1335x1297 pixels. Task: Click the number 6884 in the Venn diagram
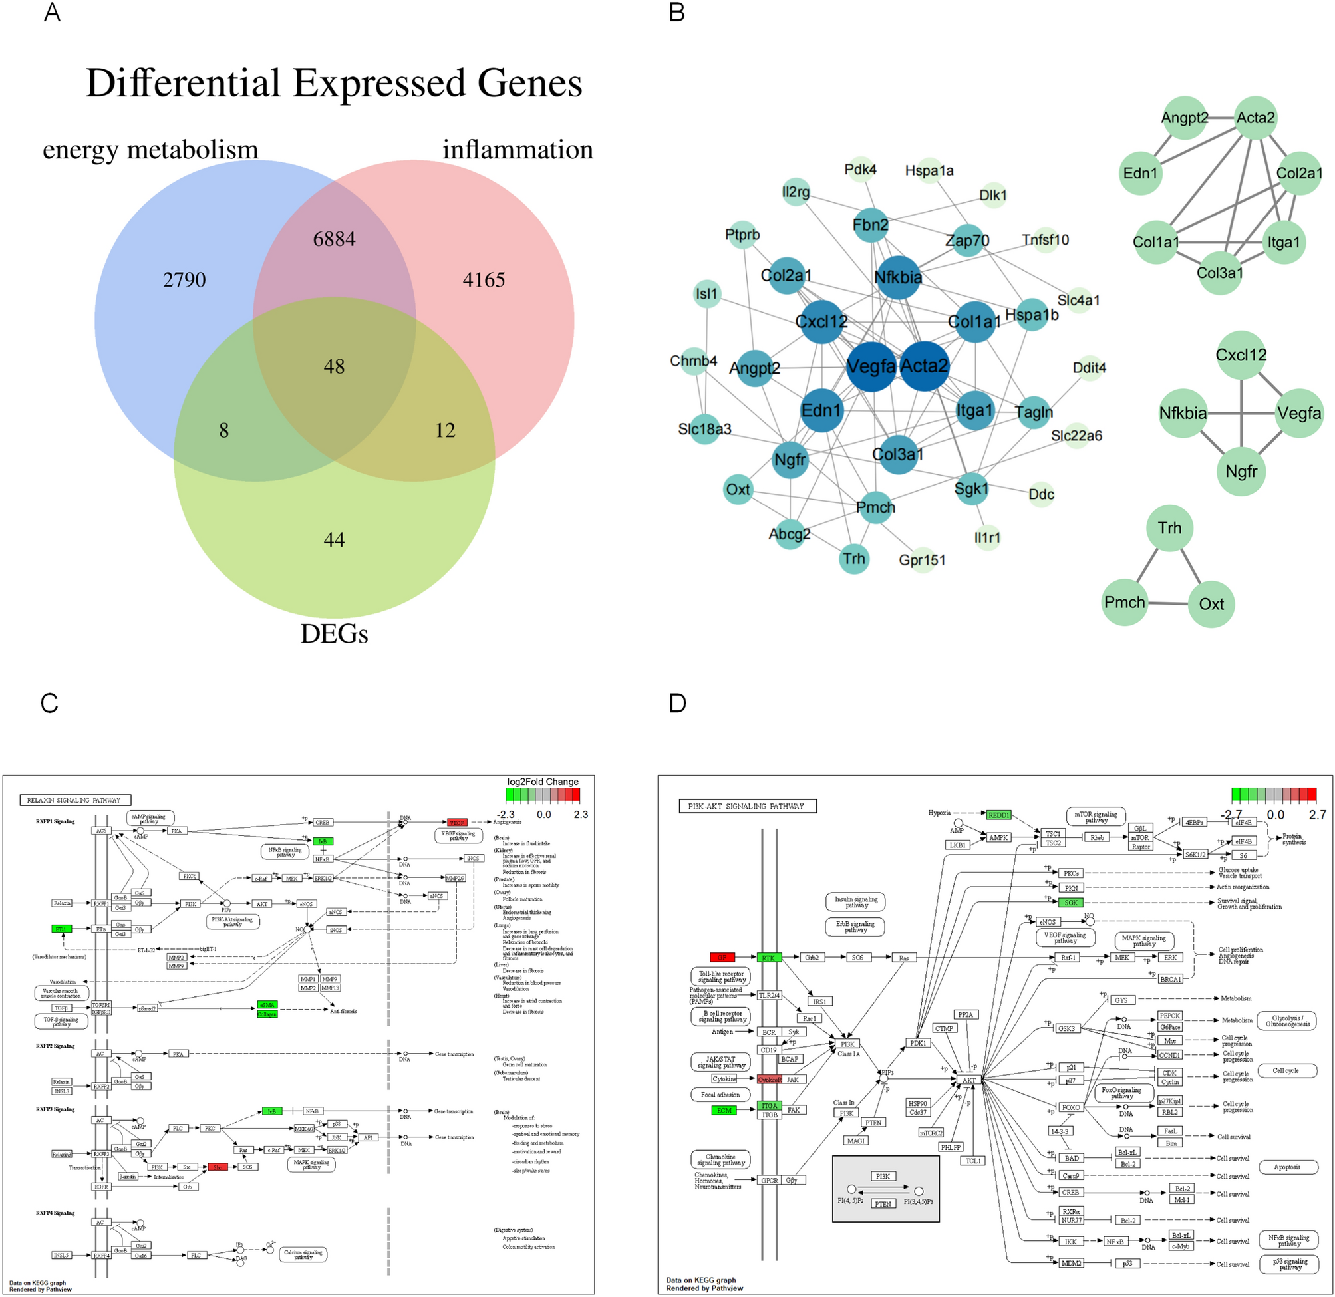pyautogui.click(x=334, y=239)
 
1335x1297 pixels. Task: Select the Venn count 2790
pyautogui.click(x=184, y=280)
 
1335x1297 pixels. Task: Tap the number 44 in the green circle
pyautogui.click(x=334, y=540)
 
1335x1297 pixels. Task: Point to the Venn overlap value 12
pyautogui.click(x=445, y=430)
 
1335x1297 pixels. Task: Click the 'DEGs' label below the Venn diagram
pyautogui.click(x=334, y=634)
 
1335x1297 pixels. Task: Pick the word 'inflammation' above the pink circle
pyautogui.click(x=518, y=150)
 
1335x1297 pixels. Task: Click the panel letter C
pyautogui.click(x=49, y=704)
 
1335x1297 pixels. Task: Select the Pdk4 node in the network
pyautogui.click(x=860, y=170)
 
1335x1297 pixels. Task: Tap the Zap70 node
pyautogui.click(x=967, y=241)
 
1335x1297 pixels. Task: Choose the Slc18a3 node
pyautogui.click(x=704, y=429)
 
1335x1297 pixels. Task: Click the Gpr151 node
pyautogui.click(x=922, y=560)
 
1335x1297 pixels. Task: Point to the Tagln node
pyautogui.click(x=1034, y=412)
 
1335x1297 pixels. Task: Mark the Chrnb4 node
pyautogui.click(x=694, y=361)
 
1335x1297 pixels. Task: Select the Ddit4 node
pyautogui.click(x=1089, y=368)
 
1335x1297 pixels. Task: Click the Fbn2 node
pyautogui.click(x=871, y=225)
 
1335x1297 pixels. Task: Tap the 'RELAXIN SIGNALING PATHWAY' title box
pyautogui.click(x=75, y=800)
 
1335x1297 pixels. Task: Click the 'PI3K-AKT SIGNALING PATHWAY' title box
pyautogui.click(x=747, y=807)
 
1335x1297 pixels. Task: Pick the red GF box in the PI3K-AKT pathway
pyautogui.click(x=722, y=958)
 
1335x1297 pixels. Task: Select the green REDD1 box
pyautogui.click(x=999, y=815)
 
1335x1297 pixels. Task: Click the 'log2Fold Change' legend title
pyautogui.click(x=542, y=782)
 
